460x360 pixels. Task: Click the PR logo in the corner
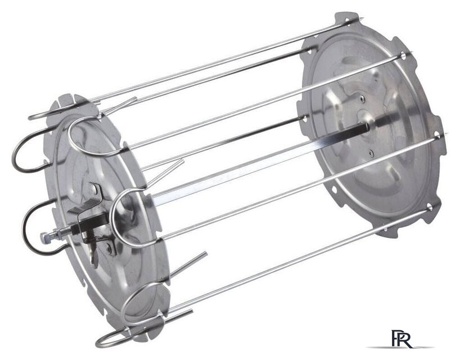coord(402,339)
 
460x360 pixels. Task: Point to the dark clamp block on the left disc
coord(92,221)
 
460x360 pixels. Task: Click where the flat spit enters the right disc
coord(367,128)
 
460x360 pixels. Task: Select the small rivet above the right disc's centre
coord(363,99)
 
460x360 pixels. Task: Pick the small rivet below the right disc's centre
coord(371,152)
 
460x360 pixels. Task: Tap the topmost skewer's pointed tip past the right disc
coord(363,18)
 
